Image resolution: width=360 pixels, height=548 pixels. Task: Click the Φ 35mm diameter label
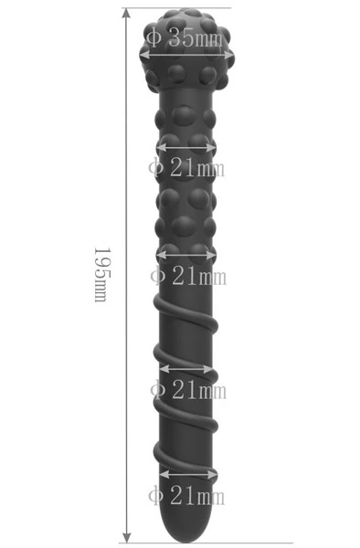click(184, 37)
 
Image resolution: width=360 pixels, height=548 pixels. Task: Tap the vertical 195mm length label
click(102, 275)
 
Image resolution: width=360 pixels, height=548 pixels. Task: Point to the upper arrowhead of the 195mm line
click(127, 14)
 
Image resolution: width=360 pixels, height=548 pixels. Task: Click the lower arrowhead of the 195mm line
click(127, 537)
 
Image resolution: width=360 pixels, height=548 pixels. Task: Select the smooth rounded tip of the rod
click(186, 524)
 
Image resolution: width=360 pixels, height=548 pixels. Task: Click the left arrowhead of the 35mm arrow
click(144, 55)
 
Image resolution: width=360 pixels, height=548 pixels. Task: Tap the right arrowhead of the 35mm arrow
click(228, 55)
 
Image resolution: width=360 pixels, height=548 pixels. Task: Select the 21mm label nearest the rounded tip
click(186, 496)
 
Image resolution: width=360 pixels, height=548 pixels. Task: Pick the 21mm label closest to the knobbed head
click(186, 168)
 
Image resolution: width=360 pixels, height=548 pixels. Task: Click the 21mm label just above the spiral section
click(188, 276)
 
